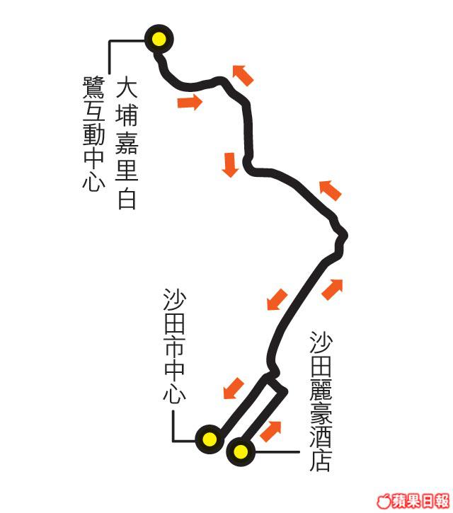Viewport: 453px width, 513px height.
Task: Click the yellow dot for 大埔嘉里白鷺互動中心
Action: [x=158, y=39]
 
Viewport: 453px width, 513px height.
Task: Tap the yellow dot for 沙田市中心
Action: [x=210, y=439]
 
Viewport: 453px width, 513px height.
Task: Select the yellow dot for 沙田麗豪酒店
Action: [x=241, y=450]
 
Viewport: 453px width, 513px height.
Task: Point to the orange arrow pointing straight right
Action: [x=189, y=103]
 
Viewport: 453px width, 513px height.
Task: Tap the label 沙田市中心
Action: [x=173, y=347]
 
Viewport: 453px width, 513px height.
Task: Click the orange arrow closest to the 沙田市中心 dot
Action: [x=233, y=388]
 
